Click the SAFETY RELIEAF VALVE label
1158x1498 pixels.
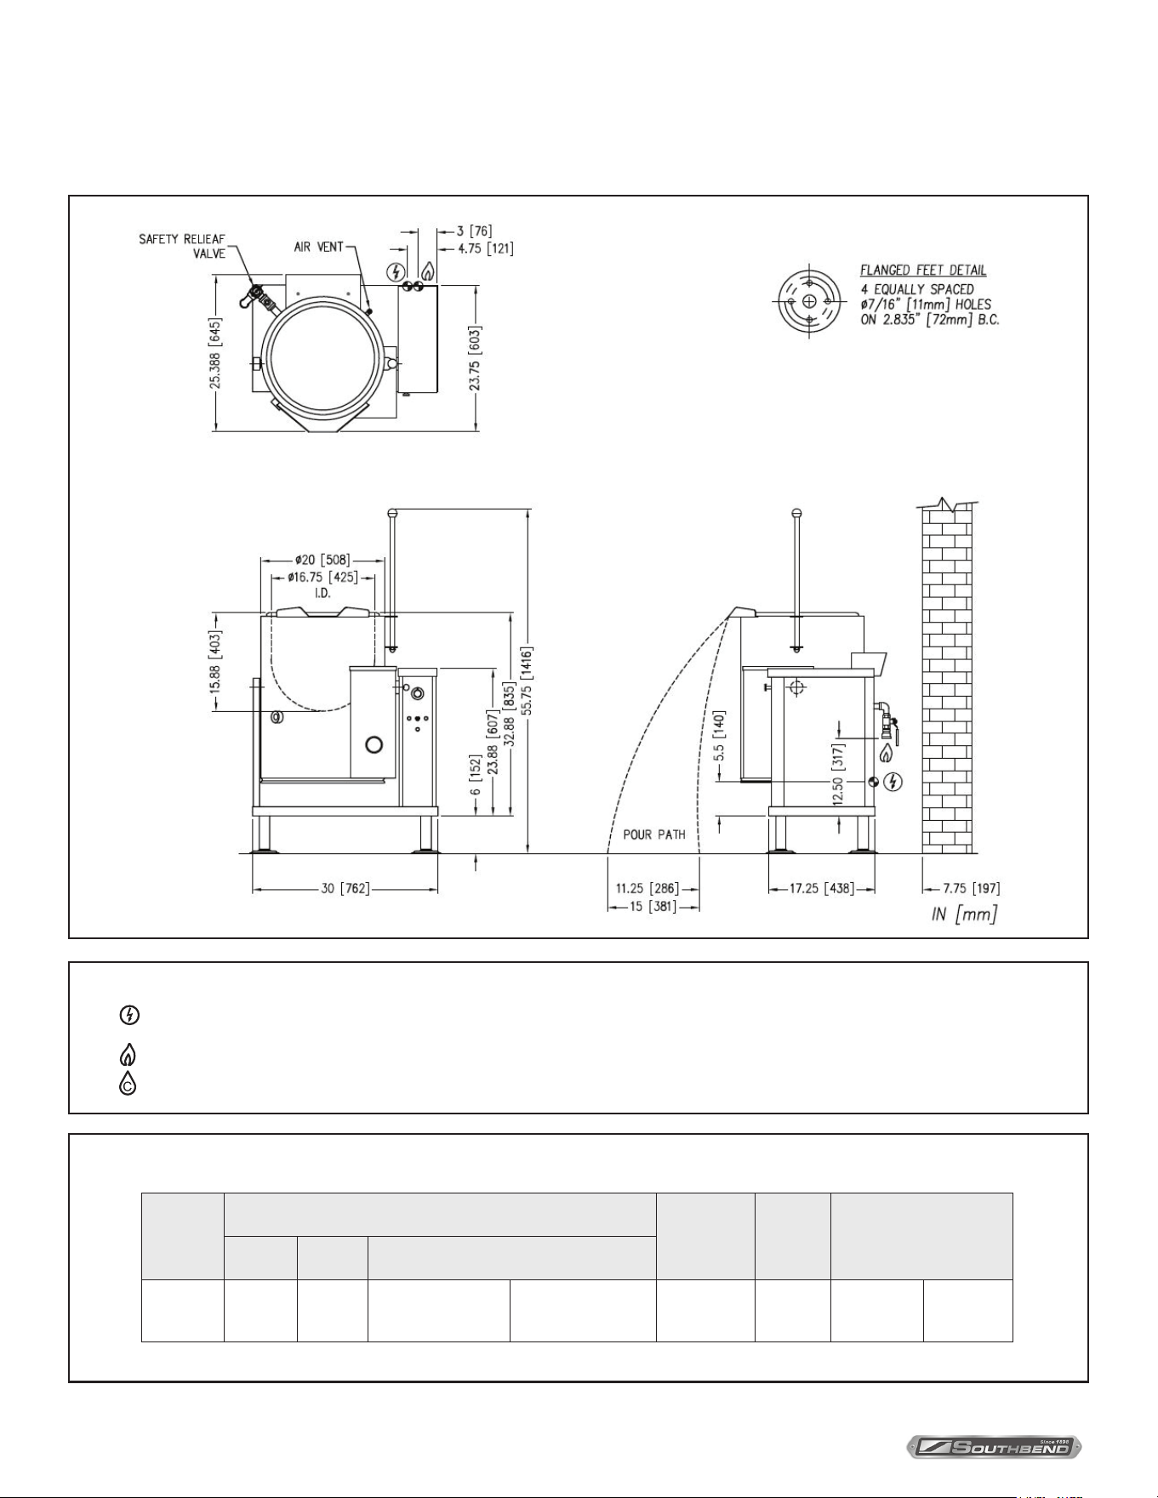pos(182,247)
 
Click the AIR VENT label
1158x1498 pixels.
pos(319,247)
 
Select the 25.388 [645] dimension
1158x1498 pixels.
pos(216,354)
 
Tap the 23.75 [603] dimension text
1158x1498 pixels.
pos(475,358)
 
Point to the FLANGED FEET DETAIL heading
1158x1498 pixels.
pos(923,271)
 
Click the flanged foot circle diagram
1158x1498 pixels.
pos(809,302)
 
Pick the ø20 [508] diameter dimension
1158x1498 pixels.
pos(322,561)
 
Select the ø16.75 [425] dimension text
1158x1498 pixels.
pos(322,578)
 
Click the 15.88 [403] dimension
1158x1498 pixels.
pos(216,660)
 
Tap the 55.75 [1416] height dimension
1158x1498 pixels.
pos(528,681)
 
